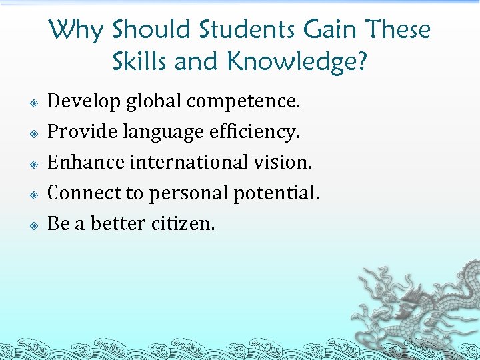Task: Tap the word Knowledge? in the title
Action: coord(297,62)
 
